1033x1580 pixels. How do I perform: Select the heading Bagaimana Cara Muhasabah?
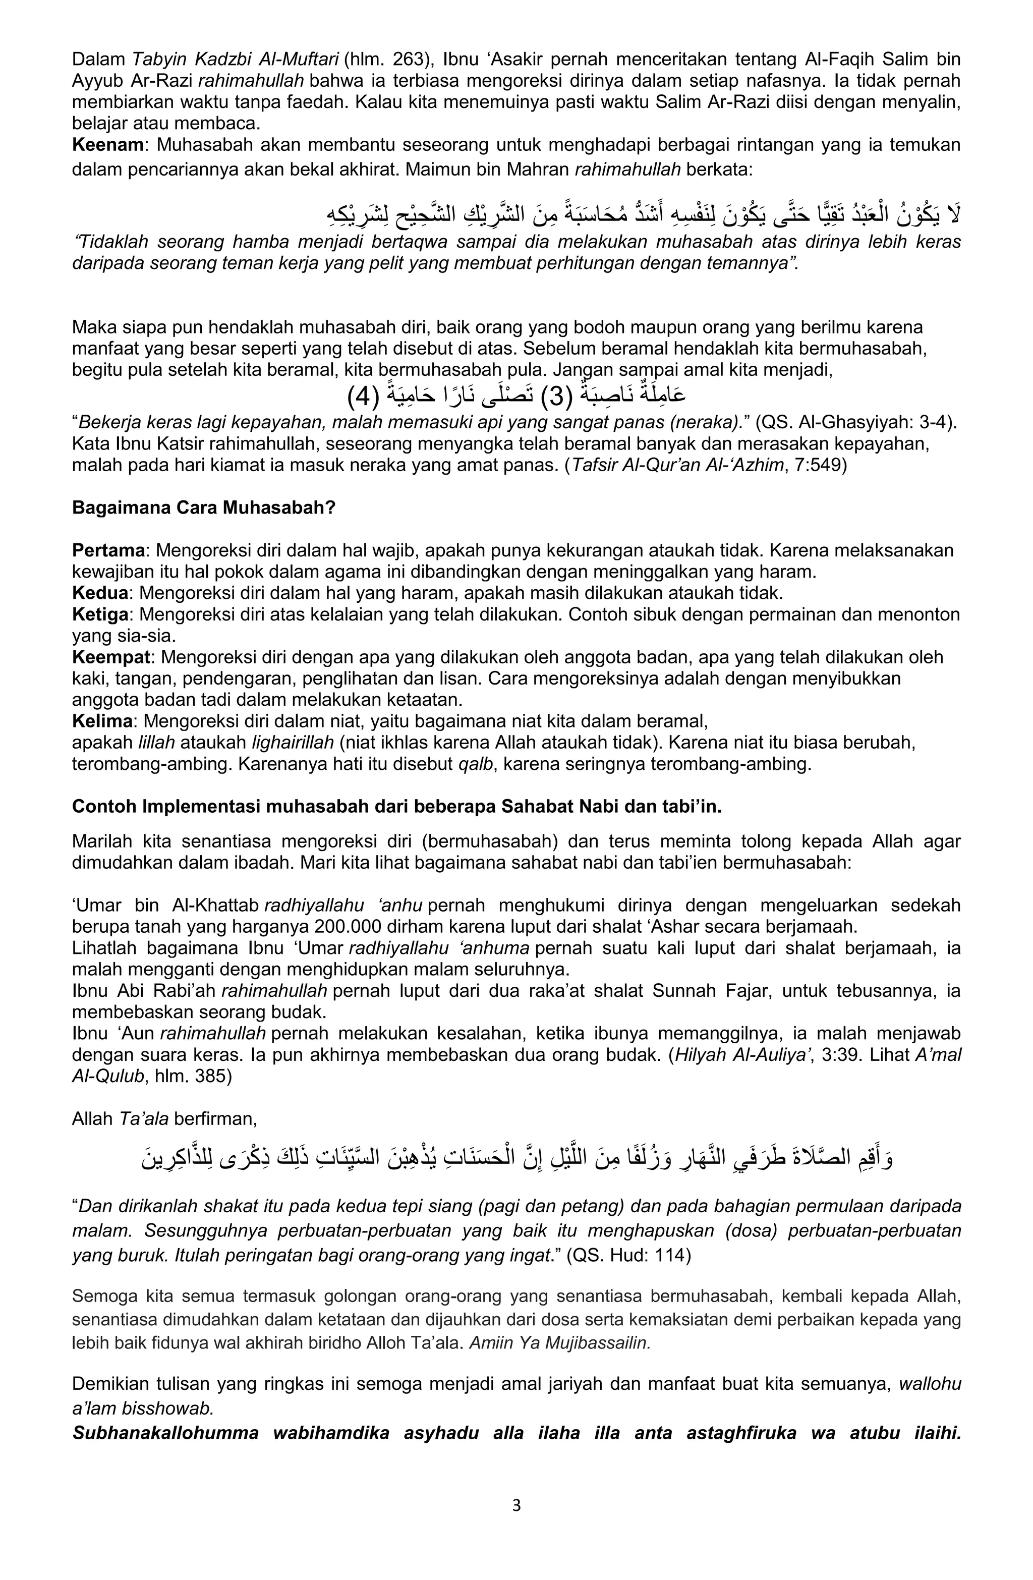[204, 508]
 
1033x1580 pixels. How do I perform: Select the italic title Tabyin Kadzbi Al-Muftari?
[235, 60]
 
